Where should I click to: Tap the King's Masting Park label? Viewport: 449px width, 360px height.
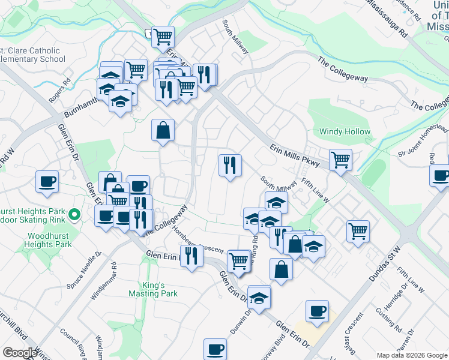(153, 289)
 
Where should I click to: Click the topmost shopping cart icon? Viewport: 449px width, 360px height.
(163, 37)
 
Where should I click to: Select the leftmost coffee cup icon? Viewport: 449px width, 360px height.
(47, 181)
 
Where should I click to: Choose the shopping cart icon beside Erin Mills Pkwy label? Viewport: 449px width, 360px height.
(340, 160)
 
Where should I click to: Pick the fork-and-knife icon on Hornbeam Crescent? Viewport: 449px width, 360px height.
(191, 257)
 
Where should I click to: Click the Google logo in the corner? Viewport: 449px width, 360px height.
(19, 353)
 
